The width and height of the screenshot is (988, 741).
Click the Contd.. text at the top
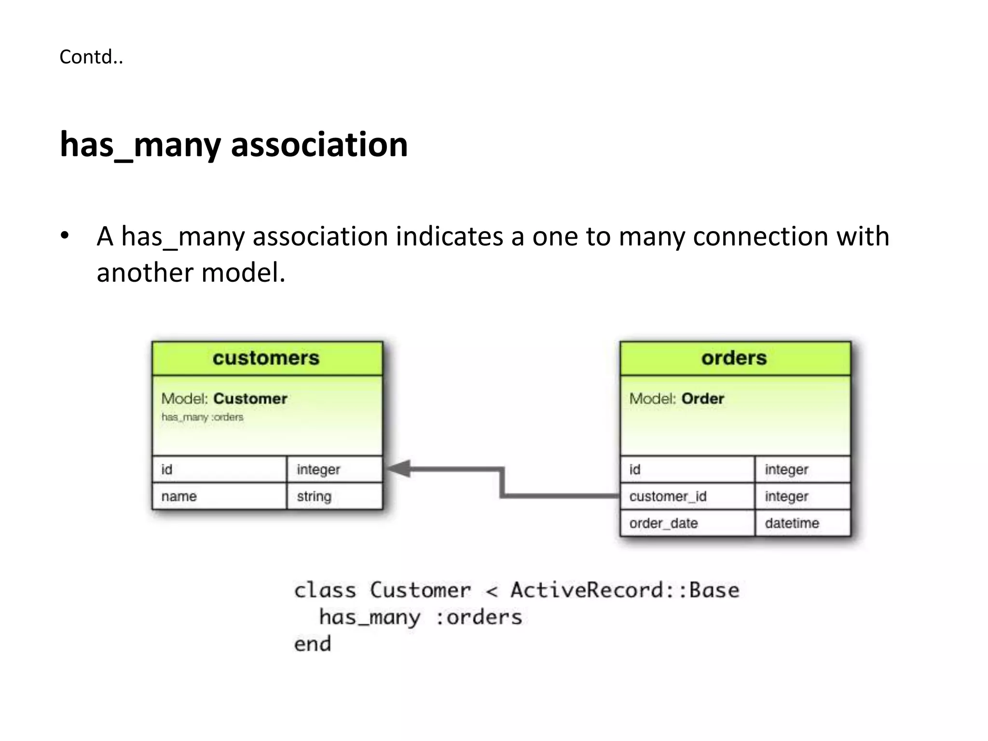91,57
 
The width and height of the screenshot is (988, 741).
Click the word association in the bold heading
319,144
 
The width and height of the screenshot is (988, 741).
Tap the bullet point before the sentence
65,236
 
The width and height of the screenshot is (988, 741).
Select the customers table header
266,358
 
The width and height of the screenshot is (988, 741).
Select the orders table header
734,358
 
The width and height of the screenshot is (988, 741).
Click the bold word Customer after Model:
250,398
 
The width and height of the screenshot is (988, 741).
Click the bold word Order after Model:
702,398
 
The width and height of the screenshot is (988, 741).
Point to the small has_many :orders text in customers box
202,417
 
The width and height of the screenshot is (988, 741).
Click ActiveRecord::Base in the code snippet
625,590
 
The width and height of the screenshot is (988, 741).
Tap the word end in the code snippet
313,644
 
